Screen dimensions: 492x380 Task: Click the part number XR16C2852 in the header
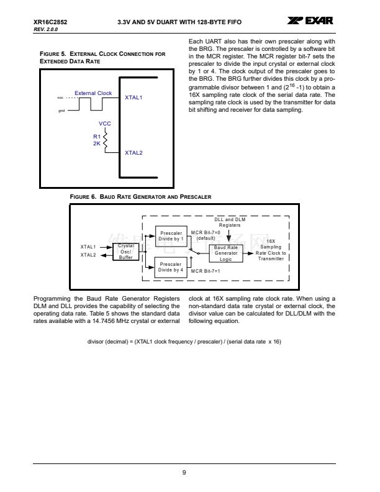point(50,22)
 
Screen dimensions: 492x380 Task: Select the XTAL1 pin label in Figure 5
point(133,98)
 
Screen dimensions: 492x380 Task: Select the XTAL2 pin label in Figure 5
point(133,152)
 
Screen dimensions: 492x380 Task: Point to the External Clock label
point(93,93)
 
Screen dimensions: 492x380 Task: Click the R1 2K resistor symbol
point(106,140)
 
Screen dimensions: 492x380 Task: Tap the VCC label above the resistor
point(105,124)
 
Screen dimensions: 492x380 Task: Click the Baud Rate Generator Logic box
point(225,253)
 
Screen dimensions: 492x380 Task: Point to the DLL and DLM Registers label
point(230,222)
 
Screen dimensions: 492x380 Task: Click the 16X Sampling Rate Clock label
point(271,250)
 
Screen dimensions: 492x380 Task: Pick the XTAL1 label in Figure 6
point(88,247)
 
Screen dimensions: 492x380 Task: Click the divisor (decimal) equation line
point(184,340)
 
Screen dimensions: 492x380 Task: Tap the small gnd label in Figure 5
point(61,111)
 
